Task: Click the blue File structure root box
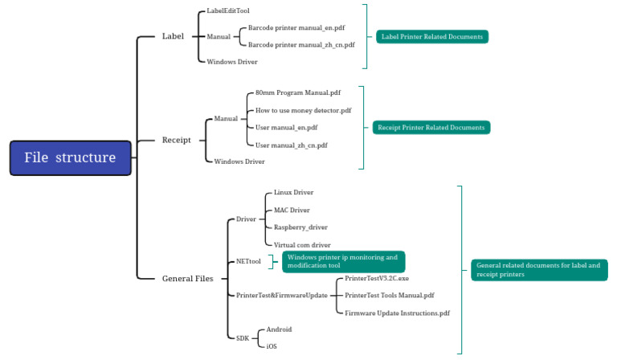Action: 70,157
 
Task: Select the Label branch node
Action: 173,36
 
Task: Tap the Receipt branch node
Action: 176,140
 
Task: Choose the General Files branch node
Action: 187,279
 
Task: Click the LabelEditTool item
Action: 228,11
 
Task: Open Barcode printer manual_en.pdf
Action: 296,27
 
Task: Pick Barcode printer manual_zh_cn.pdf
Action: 300,45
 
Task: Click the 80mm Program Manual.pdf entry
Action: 297,93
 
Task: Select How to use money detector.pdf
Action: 303,110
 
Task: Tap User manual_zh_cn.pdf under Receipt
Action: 291,145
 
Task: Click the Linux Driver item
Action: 293,193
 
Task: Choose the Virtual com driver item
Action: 302,245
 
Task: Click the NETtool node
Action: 248,262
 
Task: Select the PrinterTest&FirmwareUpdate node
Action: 281,296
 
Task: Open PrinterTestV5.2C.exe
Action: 376,278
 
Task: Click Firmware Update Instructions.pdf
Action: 397,313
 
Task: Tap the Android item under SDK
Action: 279,329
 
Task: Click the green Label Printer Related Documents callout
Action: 431,37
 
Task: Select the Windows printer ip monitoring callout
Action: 343,262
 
